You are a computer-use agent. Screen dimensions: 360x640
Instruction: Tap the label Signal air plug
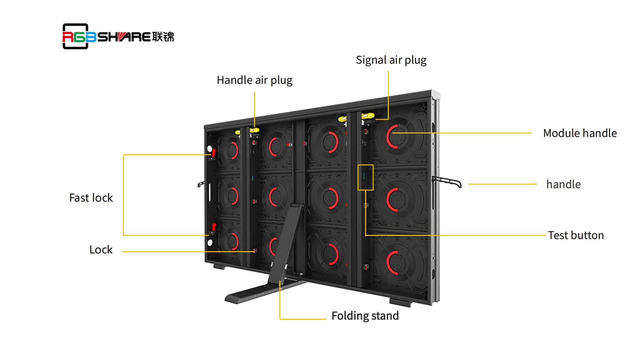[391, 60]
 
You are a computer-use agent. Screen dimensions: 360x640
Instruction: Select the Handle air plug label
[254, 80]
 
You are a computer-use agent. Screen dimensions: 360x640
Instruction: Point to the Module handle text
[580, 133]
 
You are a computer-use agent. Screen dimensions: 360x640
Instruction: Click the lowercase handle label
[563, 184]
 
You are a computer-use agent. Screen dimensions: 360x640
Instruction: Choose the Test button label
[576, 235]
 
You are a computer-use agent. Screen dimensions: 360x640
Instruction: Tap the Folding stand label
[365, 316]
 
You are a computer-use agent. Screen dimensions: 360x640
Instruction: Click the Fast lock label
[91, 198]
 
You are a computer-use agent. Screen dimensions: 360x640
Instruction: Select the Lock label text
[101, 250]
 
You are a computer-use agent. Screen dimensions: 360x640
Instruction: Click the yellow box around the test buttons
[365, 177]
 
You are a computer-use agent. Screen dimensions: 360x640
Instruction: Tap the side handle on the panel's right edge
[448, 182]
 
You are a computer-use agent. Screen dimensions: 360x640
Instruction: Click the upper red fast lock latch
[213, 153]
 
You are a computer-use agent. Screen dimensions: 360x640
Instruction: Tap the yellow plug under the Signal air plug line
[367, 116]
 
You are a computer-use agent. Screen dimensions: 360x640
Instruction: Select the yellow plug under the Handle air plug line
[254, 130]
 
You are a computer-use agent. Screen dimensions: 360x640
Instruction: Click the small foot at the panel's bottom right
[400, 302]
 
